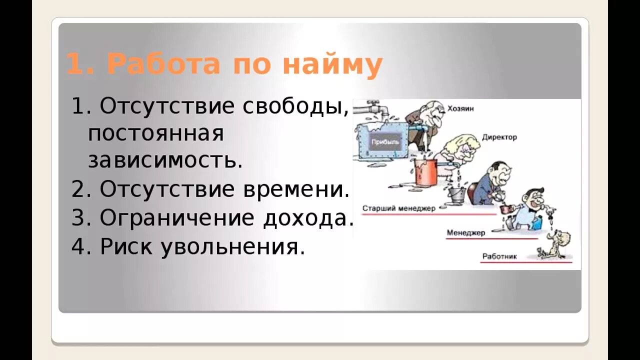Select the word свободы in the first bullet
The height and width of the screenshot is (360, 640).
click(296, 106)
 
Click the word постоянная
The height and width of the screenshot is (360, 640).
click(155, 133)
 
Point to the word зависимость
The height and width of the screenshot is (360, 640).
click(165, 161)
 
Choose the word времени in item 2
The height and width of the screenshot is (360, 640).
click(296, 189)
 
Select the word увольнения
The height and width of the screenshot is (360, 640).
click(232, 247)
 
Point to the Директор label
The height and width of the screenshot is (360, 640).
click(499, 137)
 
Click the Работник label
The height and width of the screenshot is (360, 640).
click(499, 257)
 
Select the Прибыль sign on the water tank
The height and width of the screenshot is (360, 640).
click(385, 142)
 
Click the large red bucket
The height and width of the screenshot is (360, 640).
click(425, 171)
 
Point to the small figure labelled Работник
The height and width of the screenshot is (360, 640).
click(553, 245)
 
